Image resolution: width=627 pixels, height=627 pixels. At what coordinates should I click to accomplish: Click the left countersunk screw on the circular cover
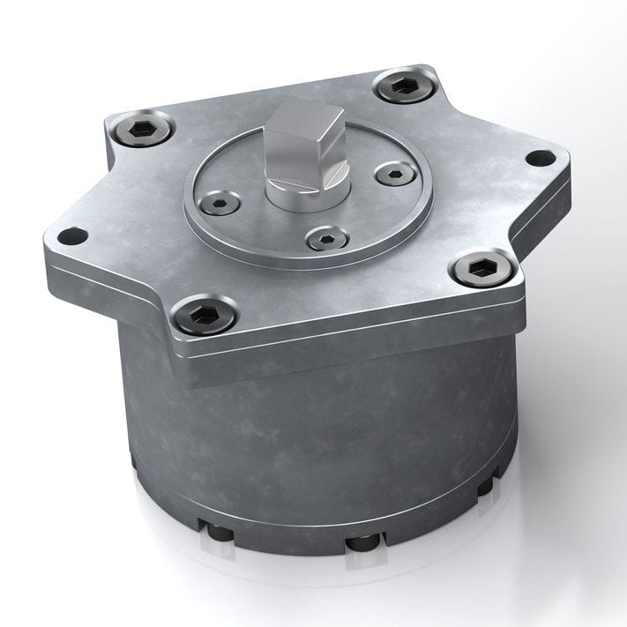tap(219, 204)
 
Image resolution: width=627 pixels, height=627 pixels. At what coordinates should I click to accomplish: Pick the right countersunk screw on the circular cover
tap(395, 173)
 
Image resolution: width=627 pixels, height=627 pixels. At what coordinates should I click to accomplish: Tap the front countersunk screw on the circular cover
tap(326, 237)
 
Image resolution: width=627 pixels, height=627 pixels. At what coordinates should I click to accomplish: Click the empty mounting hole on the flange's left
tap(72, 236)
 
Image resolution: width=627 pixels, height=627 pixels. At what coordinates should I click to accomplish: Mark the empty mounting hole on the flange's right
tap(540, 158)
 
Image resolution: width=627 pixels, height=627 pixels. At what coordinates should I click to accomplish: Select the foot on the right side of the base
tap(486, 486)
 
